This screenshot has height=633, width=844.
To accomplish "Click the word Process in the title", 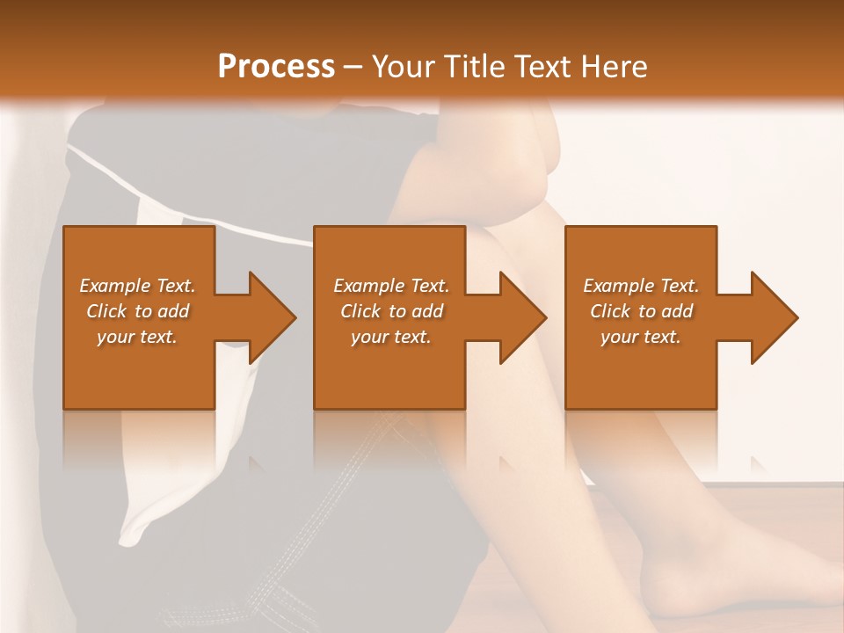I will point(276,67).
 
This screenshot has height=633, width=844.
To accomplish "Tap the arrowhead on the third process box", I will point(773,317).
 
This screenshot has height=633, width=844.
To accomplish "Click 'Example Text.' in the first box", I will point(137,286).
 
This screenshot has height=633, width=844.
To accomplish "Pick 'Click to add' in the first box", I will point(137,311).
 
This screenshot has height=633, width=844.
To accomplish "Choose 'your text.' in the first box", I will point(137,337).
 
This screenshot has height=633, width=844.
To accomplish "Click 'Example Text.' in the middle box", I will point(390,286).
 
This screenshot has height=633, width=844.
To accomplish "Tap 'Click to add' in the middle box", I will point(390,311).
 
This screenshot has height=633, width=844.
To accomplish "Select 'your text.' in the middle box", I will point(390,337).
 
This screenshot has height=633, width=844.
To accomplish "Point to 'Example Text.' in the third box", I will point(641,286).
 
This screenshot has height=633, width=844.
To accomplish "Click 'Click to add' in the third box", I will point(641,311).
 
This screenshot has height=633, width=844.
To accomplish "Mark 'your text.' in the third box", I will point(641,337).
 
